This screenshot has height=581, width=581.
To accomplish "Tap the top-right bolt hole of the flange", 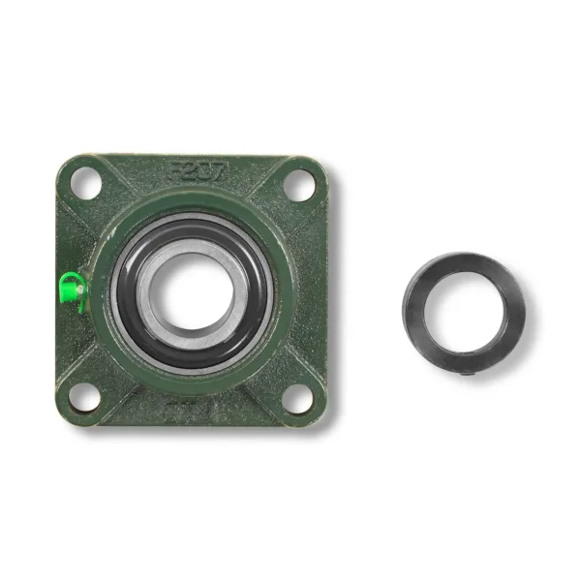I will click(300, 184).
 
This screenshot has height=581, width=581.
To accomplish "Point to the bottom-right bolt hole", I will click(299, 397).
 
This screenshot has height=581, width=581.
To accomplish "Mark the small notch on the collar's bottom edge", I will click(466, 372).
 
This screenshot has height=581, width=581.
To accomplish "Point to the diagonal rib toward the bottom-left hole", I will click(114, 368).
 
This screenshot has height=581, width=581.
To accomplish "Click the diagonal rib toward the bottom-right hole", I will click(271, 368).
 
